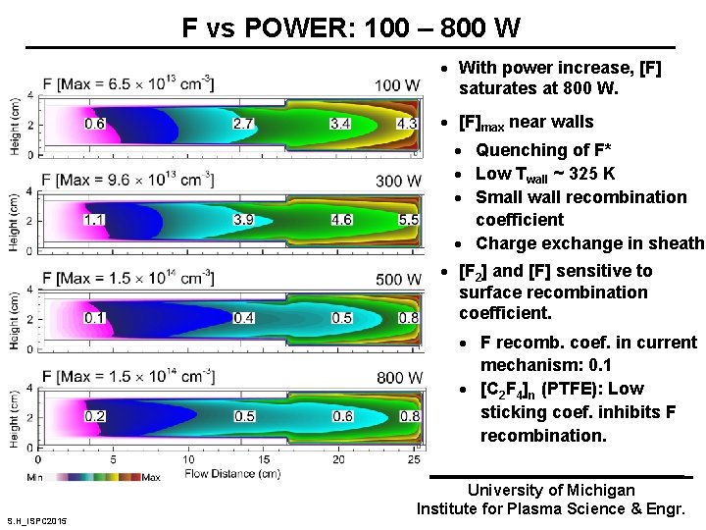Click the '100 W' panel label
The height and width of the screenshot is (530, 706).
pos(397,85)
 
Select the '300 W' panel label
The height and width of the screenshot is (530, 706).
pos(397,182)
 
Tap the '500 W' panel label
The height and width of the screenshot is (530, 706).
pos(397,280)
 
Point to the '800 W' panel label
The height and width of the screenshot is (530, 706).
pos(397,377)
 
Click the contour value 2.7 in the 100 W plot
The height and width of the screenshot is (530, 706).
pos(243,124)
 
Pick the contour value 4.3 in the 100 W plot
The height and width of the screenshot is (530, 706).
pos(407,124)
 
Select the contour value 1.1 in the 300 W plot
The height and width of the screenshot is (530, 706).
pos(95,220)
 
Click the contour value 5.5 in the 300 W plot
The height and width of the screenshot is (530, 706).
pos(409,220)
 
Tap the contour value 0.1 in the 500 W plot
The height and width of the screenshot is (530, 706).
pos(95,318)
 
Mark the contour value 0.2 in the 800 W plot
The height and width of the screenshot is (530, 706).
pos(95,416)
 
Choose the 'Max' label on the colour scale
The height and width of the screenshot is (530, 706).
pos(151,477)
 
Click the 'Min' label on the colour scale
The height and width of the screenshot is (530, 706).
pos(35,477)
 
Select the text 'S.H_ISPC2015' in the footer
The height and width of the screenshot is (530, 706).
pos(36,520)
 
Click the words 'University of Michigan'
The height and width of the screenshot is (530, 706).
pos(550,490)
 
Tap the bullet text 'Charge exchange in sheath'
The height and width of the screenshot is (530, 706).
pos(589,243)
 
